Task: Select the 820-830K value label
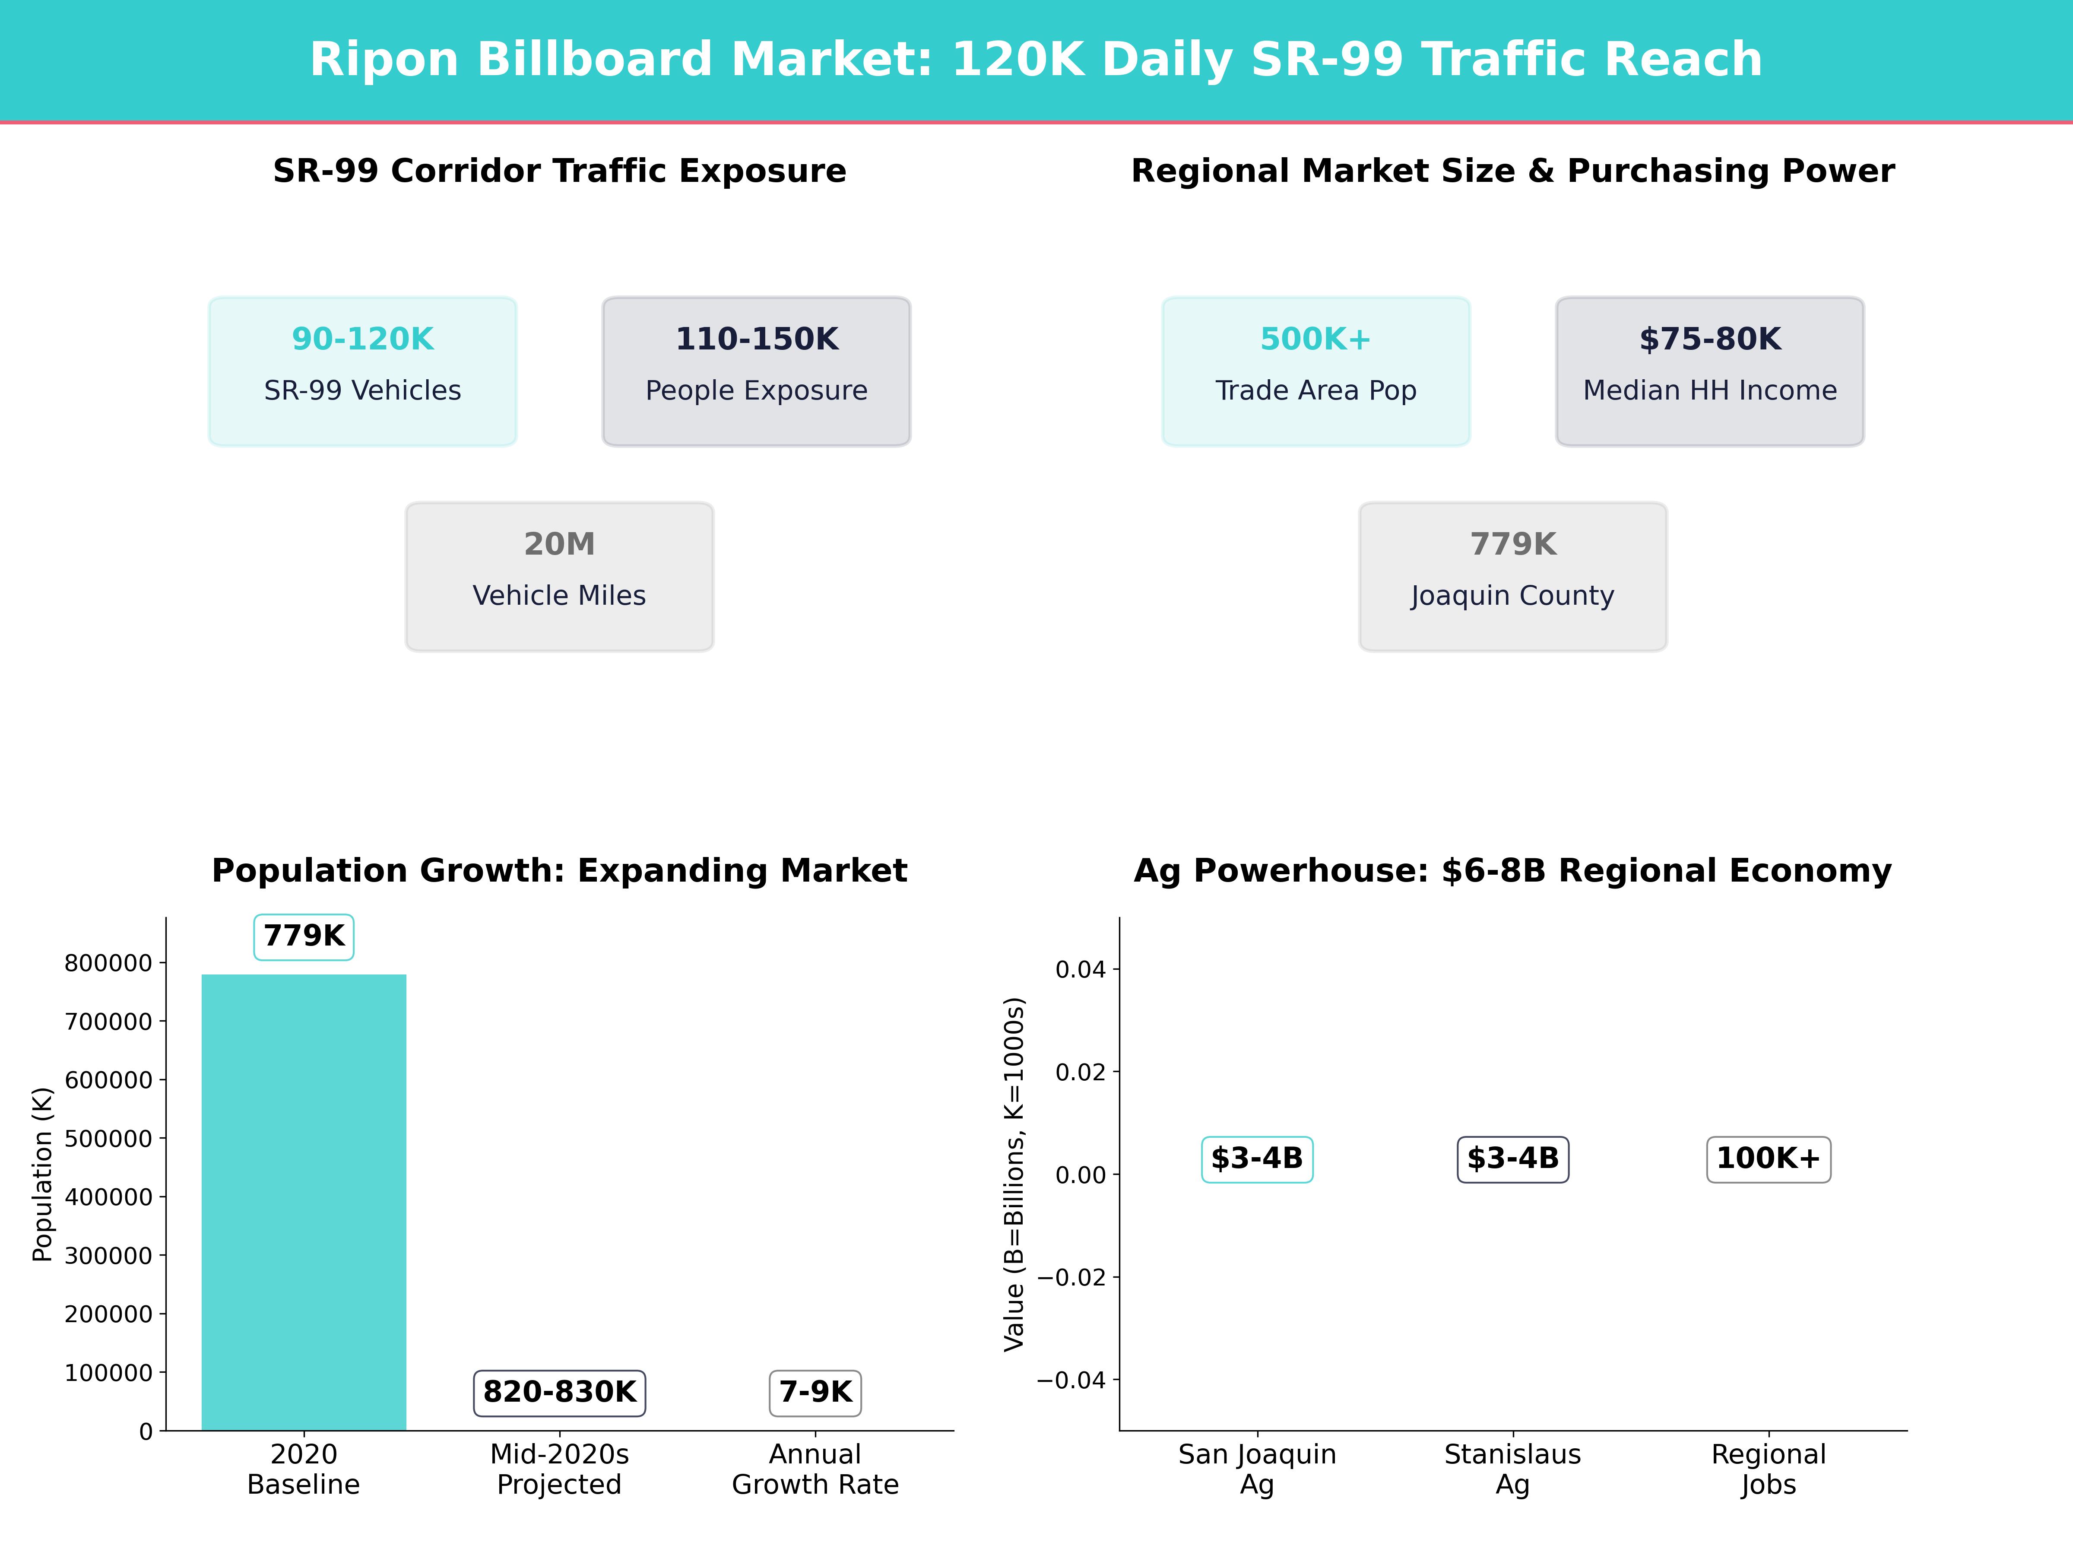(559, 1392)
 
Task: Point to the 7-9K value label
(815, 1392)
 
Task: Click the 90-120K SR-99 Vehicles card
(363, 371)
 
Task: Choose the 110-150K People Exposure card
(756, 371)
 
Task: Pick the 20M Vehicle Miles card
(559, 577)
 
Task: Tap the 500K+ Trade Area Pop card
(1316, 371)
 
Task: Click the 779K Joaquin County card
(1512, 577)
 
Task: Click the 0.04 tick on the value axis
(1081, 969)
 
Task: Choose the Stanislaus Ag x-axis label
(1512, 1469)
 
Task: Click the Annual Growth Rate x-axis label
(815, 1469)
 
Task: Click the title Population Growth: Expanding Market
(559, 871)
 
